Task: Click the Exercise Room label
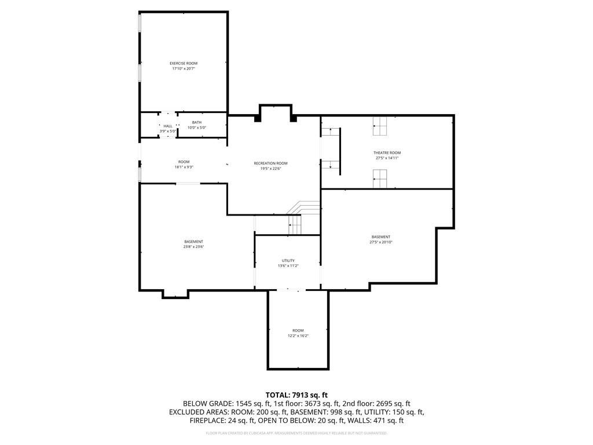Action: click(183, 63)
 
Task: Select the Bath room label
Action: click(197, 122)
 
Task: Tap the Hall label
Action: click(167, 126)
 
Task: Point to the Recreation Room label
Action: click(270, 163)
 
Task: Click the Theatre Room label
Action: click(386, 152)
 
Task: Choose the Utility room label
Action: click(288, 260)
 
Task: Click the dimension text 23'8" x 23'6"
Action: click(193, 247)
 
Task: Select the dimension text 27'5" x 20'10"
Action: click(380, 242)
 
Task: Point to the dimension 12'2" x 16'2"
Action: click(298, 335)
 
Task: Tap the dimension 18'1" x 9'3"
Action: click(184, 167)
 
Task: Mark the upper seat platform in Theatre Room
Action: click(380, 126)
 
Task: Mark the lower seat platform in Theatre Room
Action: click(380, 179)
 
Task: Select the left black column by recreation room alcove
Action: click(257, 119)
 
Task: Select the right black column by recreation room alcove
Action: click(293, 119)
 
